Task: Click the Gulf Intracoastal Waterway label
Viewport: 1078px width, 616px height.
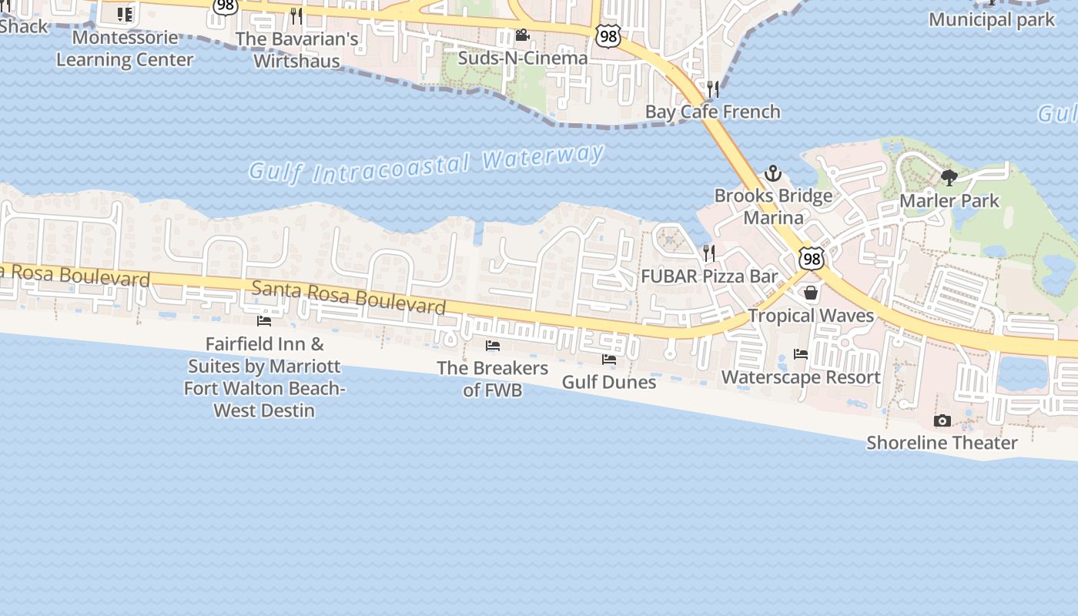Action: (x=426, y=164)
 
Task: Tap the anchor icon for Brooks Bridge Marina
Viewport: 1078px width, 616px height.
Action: (x=772, y=173)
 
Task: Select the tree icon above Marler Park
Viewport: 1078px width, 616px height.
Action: (x=949, y=178)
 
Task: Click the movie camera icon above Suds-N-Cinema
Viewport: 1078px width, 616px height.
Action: (x=522, y=35)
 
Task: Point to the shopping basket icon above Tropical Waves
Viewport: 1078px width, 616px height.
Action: (x=811, y=293)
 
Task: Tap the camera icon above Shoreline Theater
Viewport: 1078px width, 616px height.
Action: (x=942, y=420)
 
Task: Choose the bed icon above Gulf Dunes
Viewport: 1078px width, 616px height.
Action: (x=609, y=360)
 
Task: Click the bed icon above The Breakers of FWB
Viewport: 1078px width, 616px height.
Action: (x=493, y=346)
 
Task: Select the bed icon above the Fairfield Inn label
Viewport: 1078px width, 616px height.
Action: (x=264, y=321)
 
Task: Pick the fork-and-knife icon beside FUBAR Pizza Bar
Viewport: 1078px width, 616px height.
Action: (x=709, y=253)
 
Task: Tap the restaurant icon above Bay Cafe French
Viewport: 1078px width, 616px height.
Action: (x=713, y=89)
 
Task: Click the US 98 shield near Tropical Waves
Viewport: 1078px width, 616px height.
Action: (x=811, y=258)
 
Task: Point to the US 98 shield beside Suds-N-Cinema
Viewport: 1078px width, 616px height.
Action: (x=608, y=35)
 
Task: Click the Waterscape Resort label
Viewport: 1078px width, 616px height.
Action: (x=801, y=377)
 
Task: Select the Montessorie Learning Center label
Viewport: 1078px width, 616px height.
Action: (x=125, y=49)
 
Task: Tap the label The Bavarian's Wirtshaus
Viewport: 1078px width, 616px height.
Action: (x=297, y=50)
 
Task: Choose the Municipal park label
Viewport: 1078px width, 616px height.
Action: (x=992, y=20)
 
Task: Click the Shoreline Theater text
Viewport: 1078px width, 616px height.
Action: (x=942, y=443)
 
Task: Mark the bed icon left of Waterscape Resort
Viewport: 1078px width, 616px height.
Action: (x=801, y=354)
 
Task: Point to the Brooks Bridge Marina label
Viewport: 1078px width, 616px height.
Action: (x=773, y=206)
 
